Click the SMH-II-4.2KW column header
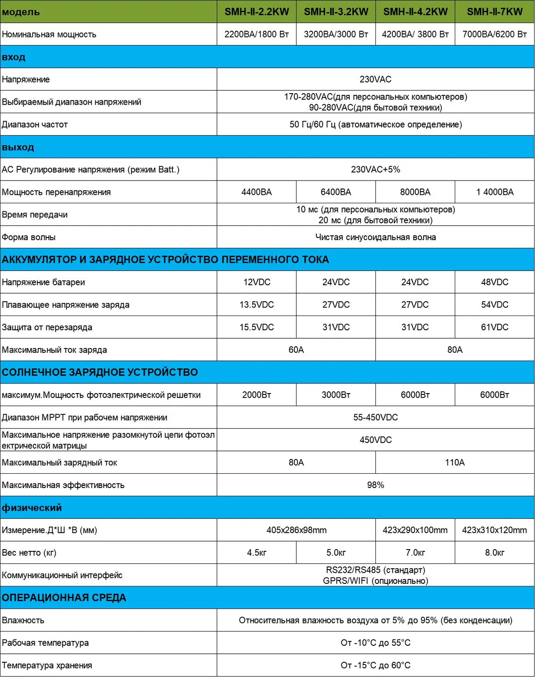tap(415, 12)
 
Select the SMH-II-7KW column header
tap(494, 12)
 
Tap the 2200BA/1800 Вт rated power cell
tap(256, 34)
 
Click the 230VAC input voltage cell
tap(375, 79)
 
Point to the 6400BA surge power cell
tap(336, 192)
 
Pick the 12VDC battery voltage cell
tap(256, 282)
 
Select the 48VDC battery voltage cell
tap(494, 282)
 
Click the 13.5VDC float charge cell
tap(256, 305)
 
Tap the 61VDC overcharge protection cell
tap(494, 327)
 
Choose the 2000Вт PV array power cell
tap(256, 395)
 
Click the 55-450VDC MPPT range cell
tap(375, 418)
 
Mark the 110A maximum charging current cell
tap(455, 463)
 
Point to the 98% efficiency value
tap(375, 485)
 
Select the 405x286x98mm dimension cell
tap(296, 530)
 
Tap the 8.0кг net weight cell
tap(494, 553)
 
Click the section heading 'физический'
tap(32, 508)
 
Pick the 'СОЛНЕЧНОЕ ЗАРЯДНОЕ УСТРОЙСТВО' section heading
tap(100, 372)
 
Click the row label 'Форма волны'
tap(29, 237)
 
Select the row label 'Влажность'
tap(23, 620)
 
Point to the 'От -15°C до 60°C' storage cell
tap(375, 665)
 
